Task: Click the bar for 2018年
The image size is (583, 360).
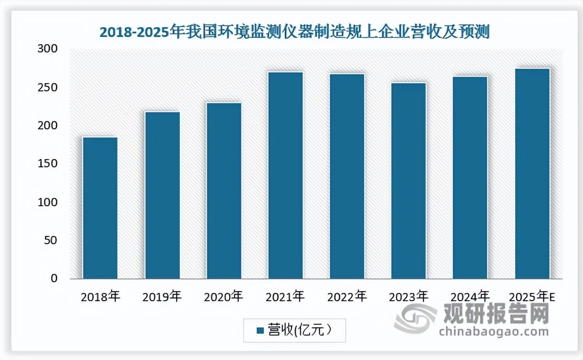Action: tap(100, 208)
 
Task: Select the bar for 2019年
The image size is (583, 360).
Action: tap(162, 195)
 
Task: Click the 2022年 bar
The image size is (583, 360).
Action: tap(347, 176)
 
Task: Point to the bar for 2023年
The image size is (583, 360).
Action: tap(409, 181)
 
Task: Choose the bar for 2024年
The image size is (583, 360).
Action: tap(470, 178)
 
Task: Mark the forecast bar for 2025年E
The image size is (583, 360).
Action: tap(532, 174)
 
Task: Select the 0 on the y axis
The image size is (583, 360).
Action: tap(54, 279)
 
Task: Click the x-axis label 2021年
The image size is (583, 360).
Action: tap(286, 297)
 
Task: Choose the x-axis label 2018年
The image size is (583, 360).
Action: tap(100, 297)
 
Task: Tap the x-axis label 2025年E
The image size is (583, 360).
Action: tap(532, 297)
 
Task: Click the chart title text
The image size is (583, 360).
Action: tap(294, 33)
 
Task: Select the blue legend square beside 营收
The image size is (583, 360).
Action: tap(260, 331)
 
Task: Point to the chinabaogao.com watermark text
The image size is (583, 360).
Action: tap(494, 332)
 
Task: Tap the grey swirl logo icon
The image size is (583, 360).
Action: tap(415, 319)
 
